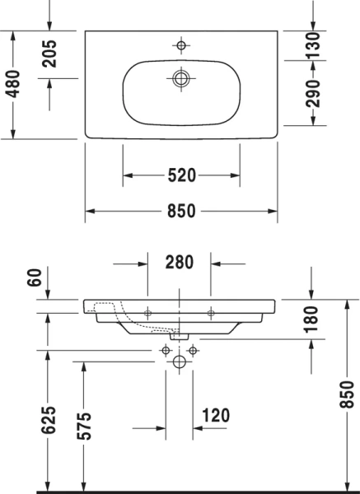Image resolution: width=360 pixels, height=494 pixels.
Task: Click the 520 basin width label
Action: pyautogui.click(x=181, y=175)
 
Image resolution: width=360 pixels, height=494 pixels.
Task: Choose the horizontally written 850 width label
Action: pyautogui.click(x=181, y=211)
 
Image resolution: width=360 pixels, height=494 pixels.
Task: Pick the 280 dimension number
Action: pyautogui.click(x=179, y=263)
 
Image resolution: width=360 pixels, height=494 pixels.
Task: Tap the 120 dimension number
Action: pyautogui.click(x=215, y=415)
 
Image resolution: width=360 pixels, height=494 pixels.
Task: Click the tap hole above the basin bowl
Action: pyautogui.click(x=181, y=46)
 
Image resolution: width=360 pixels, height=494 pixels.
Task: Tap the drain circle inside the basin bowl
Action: pyautogui.click(x=181, y=78)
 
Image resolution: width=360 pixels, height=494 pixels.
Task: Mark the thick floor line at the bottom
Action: pyautogui.click(x=180, y=491)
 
